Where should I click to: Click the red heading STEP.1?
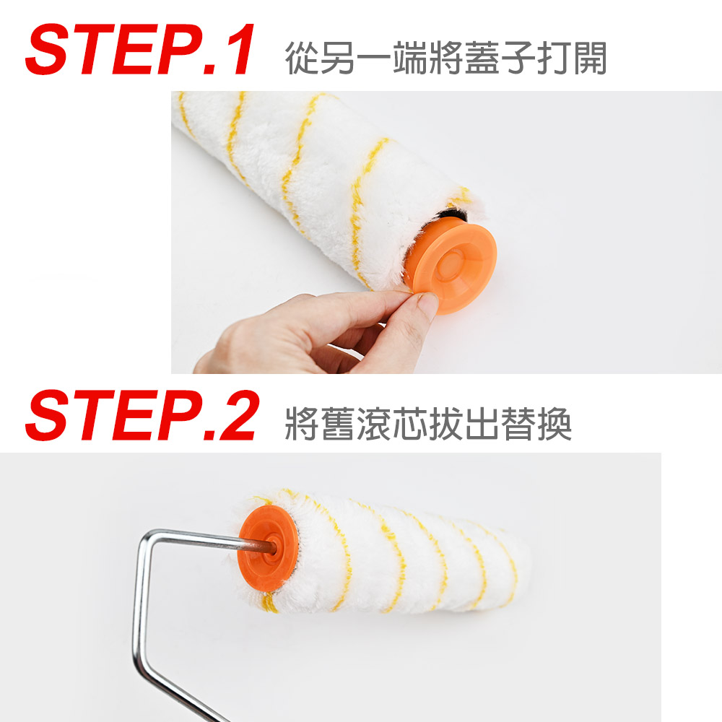139,49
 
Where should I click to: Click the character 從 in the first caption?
303,58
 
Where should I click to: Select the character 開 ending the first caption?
590,58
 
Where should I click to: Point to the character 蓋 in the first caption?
482,58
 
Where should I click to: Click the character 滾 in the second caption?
374,424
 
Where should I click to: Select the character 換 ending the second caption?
554,424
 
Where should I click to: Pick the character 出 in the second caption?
482,424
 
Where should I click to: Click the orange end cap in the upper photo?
452,265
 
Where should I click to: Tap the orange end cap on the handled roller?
268,548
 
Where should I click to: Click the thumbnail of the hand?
427,305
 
